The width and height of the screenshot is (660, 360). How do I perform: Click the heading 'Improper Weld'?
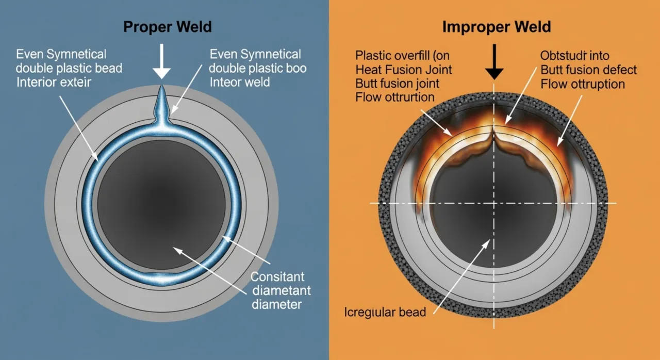pyautogui.click(x=497, y=26)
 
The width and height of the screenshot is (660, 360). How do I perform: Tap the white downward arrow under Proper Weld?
pyautogui.click(x=161, y=61)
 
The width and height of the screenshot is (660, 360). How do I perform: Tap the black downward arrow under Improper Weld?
pyautogui.click(x=494, y=61)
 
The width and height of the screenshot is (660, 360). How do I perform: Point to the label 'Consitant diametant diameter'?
pyautogui.click(x=277, y=290)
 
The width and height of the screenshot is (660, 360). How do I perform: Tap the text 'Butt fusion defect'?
pyautogui.click(x=588, y=70)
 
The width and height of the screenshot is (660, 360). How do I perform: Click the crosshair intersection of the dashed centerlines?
pyautogui.click(x=494, y=203)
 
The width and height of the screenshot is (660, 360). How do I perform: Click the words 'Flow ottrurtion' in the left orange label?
pyautogui.click(x=395, y=97)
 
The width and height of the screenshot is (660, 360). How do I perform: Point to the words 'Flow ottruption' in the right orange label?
pyautogui.click(x=582, y=84)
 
